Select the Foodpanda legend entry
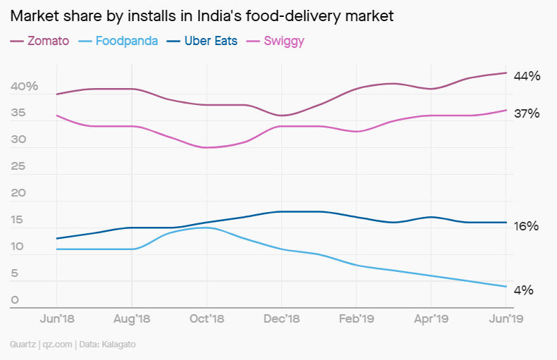(x=126, y=41)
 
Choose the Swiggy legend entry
(x=283, y=41)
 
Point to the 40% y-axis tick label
(x=24, y=87)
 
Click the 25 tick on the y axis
(x=19, y=167)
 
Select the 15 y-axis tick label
(x=18, y=221)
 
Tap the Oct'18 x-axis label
(x=207, y=319)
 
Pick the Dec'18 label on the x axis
(x=281, y=319)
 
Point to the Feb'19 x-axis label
(x=357, y=319)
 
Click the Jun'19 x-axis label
(x=506, y=319)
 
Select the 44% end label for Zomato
(x=527, y=76)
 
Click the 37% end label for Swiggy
(x=527, y=113)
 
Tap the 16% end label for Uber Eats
(x=527, y=226)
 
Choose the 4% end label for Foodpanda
(x=524, y=290)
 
